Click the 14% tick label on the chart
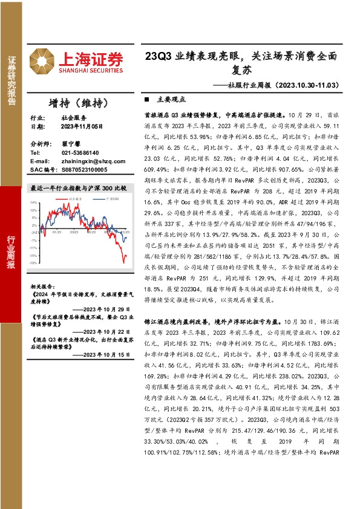point(34,203)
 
